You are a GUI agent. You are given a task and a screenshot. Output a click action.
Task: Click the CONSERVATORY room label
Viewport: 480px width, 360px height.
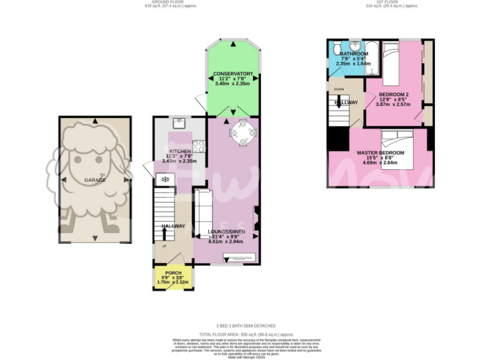[232, 74]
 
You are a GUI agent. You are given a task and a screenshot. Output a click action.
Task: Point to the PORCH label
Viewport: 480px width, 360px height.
[173, 273]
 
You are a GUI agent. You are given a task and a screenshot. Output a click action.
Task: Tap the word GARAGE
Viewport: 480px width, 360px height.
[95, 180]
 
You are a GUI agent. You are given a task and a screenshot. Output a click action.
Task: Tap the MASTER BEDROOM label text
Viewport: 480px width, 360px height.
[380, 153]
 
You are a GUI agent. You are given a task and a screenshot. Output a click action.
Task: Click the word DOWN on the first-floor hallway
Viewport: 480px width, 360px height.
[340, 89]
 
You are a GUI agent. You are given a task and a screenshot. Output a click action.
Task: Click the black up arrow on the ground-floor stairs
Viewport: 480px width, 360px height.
[164, 233]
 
